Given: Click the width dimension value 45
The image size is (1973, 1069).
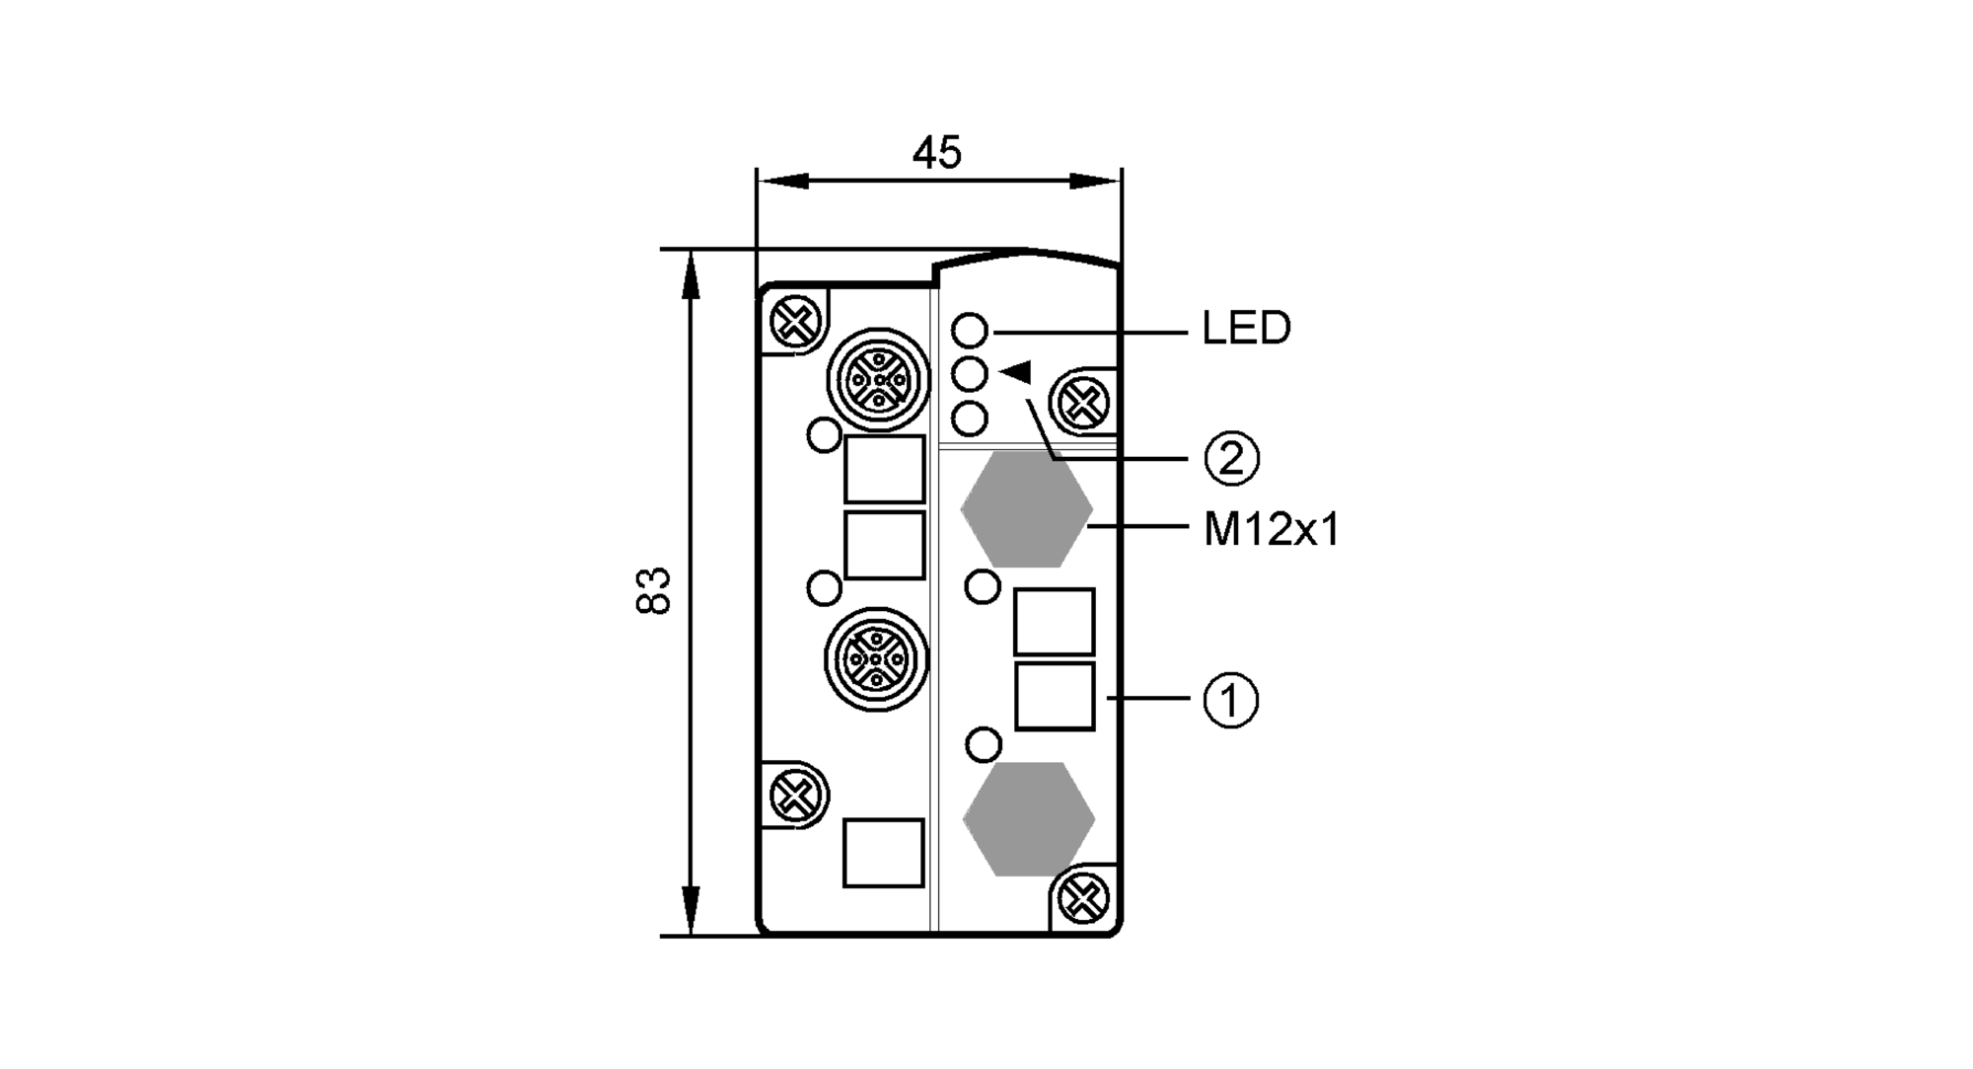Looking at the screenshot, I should pos(936,153).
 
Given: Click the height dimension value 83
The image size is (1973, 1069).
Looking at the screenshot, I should pos(653,590).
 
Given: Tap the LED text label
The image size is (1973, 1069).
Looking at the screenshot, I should pos(1246,329).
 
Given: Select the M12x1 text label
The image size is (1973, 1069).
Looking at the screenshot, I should pos(1272,531).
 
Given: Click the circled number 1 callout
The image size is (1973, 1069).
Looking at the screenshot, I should pos(1230,700).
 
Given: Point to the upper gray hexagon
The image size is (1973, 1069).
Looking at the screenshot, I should pos(1027,510).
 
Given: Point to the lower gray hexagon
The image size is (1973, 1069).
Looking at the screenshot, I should pos(1029,819).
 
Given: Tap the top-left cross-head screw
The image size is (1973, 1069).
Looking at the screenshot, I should pos(795,322).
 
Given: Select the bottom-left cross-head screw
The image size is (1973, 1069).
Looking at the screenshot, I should pos(795,794).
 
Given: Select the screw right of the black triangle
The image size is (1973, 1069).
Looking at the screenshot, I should pos(1083,403).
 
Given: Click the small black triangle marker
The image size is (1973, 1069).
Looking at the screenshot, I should pos(1016,372).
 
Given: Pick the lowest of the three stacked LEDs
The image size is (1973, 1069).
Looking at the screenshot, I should pos(971,420).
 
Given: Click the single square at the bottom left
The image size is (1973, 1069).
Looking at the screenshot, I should pos(883,853).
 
